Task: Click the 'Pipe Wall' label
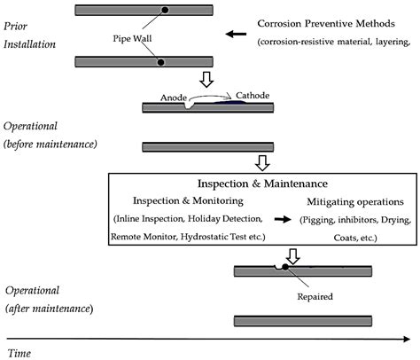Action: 132,39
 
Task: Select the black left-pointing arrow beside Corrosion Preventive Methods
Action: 236,34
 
